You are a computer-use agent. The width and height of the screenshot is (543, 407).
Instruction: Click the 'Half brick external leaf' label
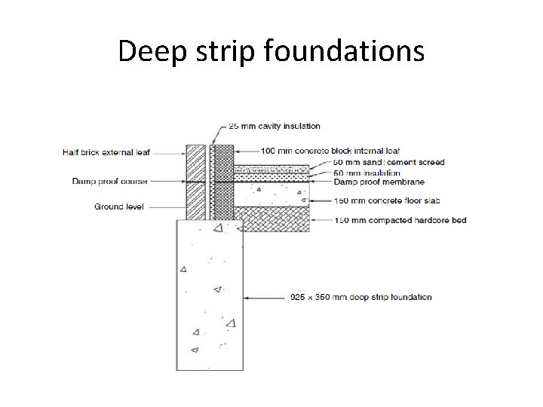click(106, 152)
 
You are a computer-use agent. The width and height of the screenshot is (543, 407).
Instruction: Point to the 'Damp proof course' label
click(110, 181)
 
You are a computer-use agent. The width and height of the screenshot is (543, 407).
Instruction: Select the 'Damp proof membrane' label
click(378, 182)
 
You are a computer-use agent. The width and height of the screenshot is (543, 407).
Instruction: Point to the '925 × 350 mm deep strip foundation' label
click(361, 296)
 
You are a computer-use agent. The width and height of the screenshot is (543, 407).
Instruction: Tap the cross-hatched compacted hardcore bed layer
click(275, 219)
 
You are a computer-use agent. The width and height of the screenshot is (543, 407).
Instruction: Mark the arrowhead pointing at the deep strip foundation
click(247, 296)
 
